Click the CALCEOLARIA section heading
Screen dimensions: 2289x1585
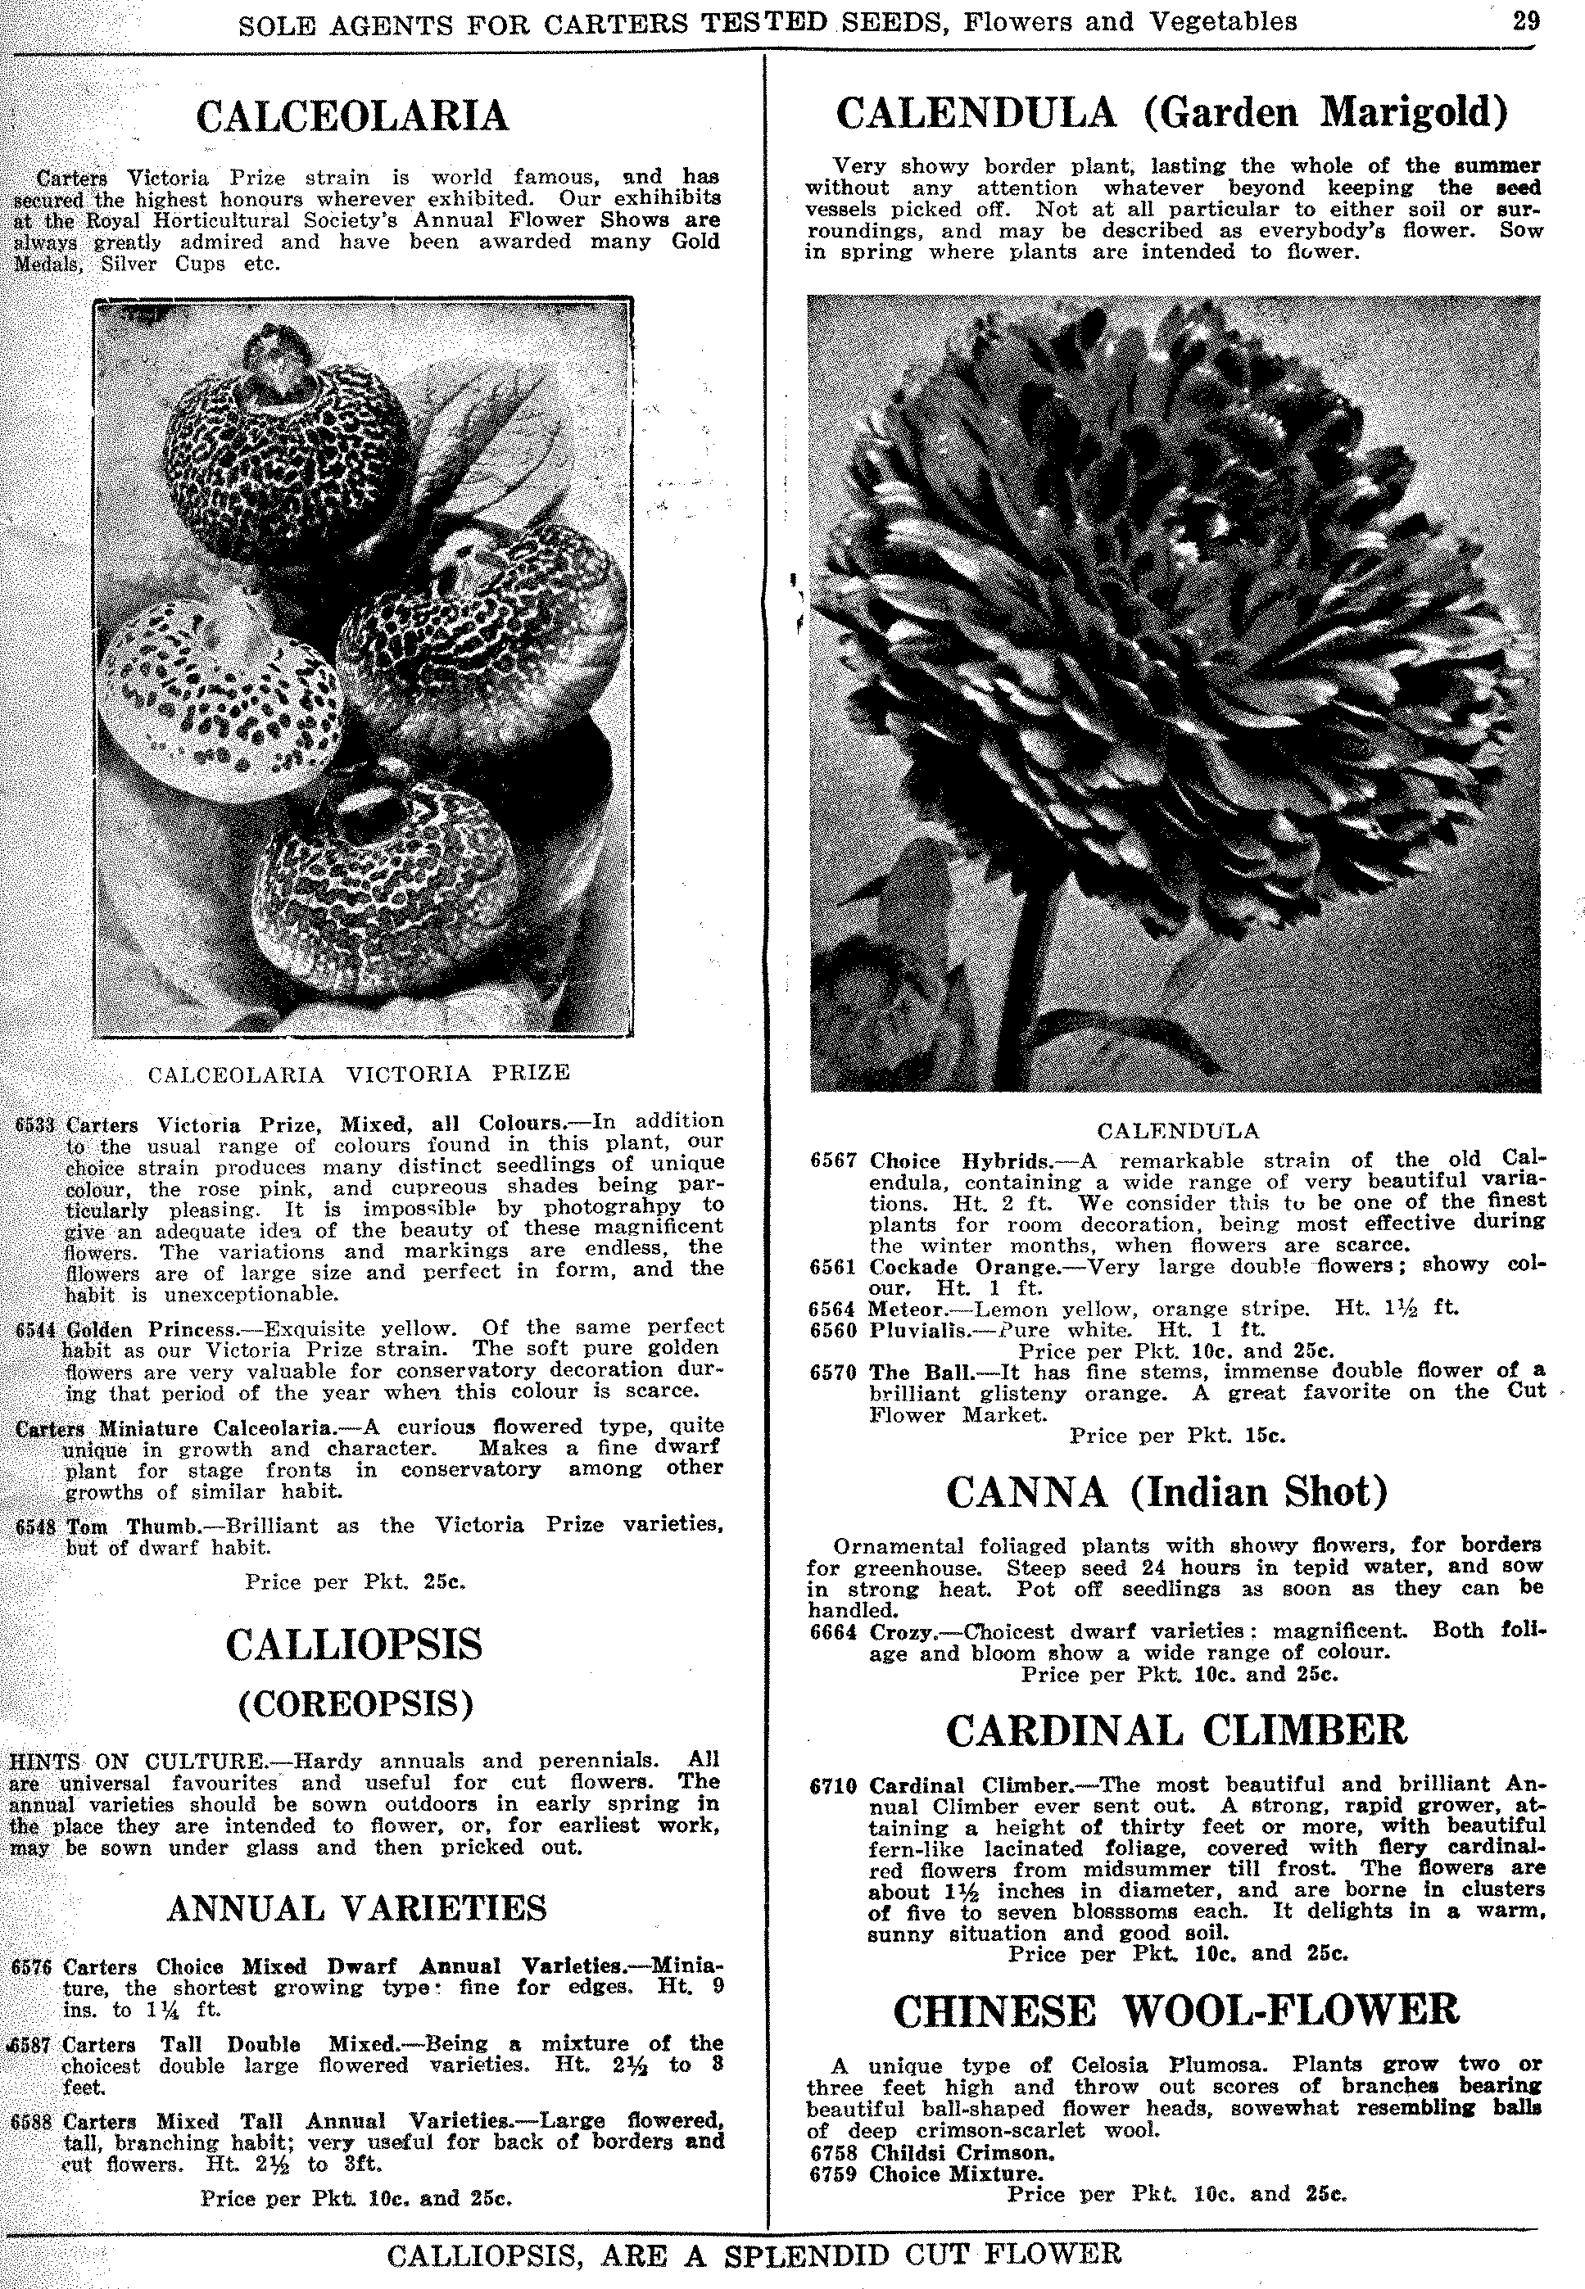[352, 117]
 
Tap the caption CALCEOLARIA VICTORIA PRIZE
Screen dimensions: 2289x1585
[359, 1073]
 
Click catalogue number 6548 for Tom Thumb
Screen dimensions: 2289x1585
[37, 1526]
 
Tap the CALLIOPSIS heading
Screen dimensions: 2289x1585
[354, 1644]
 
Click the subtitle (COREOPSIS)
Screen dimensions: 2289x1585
[355, 1703]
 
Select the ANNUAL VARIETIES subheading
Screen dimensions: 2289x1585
[356, 1908]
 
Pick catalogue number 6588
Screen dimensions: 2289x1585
[33, 2122]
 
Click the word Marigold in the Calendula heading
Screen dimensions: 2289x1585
[1413, 113]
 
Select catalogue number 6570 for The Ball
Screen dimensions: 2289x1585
[832, 1372]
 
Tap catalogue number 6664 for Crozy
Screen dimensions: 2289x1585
[832, 1631]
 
